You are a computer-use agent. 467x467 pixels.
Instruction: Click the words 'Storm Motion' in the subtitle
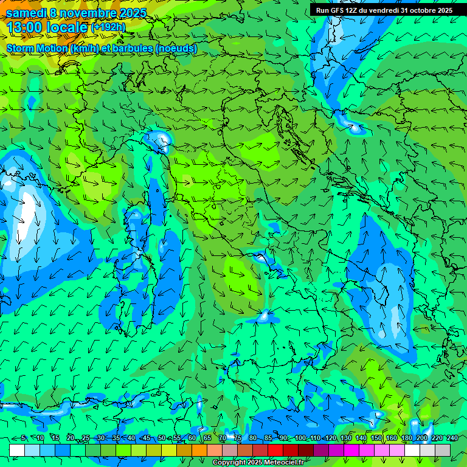pos(36,48)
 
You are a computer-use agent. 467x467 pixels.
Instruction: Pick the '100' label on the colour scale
pos(300,438)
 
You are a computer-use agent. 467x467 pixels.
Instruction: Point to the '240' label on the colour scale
pos(452,438)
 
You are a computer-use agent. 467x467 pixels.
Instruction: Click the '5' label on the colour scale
pos(23,438)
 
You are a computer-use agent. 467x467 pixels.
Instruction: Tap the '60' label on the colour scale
pos(192,438)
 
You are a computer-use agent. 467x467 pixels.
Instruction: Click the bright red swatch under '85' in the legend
pos(275,450)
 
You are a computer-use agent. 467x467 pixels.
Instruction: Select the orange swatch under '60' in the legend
pos(199,450)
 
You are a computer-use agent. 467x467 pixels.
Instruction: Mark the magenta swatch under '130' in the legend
pos(351,450)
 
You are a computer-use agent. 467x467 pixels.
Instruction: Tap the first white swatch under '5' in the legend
pos(17,450)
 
